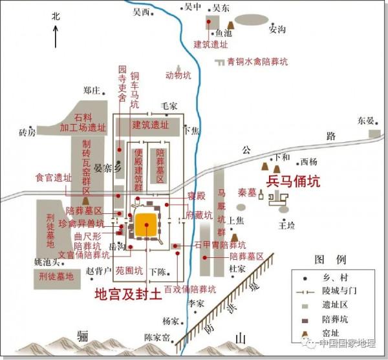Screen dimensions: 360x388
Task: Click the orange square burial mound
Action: click(147, 225)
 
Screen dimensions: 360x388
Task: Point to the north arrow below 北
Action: click(56, 36)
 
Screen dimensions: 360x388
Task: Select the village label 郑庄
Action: click(92, 90)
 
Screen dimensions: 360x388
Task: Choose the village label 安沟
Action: click(277, 30)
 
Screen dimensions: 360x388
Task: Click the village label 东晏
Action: click(365, 121)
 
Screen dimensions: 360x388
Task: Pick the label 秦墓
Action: click(247, 192)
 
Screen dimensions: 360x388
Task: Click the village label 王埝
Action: click(286, 225)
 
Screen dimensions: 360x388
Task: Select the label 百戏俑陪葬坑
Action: click(189, 289)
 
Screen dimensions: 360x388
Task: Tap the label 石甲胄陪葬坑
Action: click(220, 246)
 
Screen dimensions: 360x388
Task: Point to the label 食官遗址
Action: click(53, 177)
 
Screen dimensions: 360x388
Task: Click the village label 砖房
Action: click(27, 132)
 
